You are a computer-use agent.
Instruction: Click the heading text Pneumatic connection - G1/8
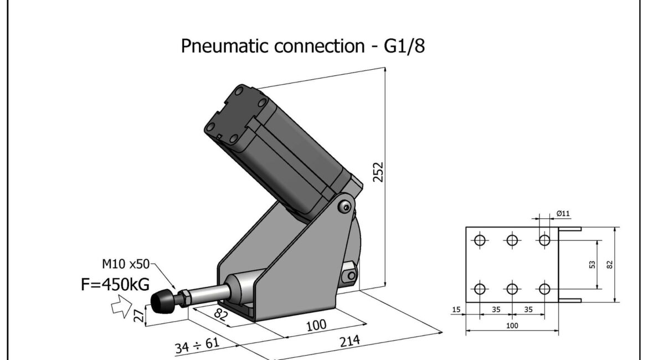click(303, 46)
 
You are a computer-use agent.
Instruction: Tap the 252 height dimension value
click(378, 172)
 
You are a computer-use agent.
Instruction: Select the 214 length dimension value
click(349, 341)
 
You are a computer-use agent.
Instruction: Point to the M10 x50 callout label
click(126, 264)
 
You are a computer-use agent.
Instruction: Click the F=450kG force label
click(115, 284)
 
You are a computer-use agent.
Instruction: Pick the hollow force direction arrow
click(121, 306)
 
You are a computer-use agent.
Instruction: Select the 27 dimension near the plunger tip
click(140, 315)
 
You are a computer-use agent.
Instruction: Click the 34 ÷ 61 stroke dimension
click(197, 345)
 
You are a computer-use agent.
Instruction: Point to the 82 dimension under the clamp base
click(221, 315)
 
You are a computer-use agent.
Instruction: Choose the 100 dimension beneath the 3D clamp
click(316, 325)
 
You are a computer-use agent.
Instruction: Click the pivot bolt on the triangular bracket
click(344, 207)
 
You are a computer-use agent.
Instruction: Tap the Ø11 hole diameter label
click(563, 214)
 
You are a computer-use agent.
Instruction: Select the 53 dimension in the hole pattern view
click(592, 264)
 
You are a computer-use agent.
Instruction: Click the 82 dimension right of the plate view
click(610, 265)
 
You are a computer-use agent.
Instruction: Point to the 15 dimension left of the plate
click(456, 309)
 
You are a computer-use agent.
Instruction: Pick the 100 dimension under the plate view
click(512, 326)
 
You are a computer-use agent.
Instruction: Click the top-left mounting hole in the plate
click(480, 240)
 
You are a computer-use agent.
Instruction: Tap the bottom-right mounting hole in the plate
click(544, 289)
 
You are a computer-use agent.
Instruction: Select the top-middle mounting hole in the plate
click(512, 240)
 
